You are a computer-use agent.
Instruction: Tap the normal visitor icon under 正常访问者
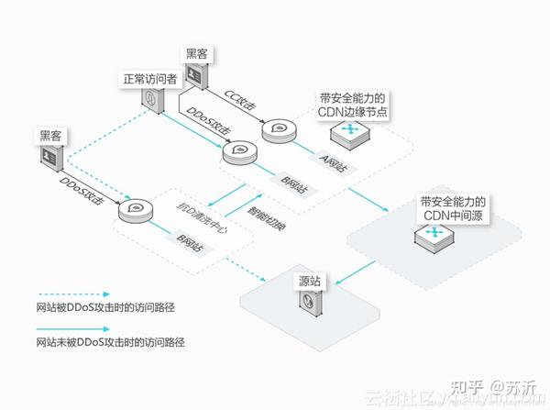point(151,102)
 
